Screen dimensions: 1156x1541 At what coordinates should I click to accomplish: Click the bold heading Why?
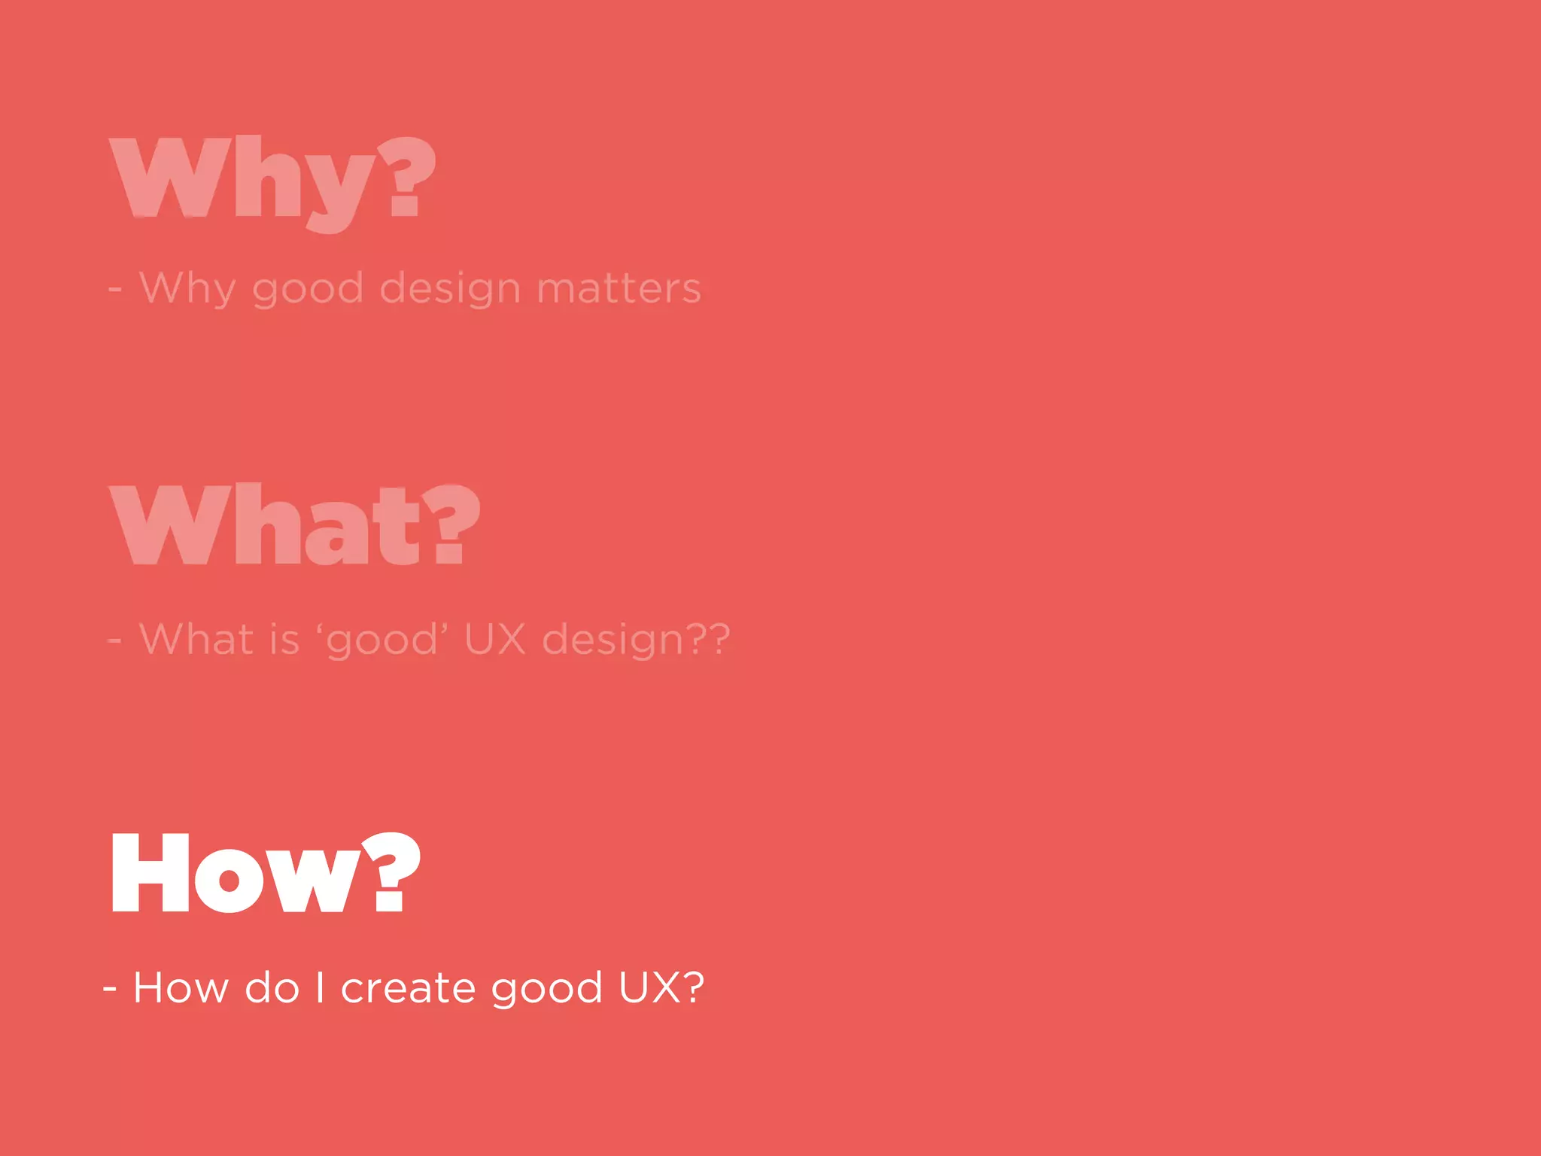[x=272, y=181]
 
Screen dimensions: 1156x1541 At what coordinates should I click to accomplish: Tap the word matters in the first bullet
[x=619, y=288]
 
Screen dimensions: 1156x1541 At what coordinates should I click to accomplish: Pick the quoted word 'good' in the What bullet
[x=381, y=640]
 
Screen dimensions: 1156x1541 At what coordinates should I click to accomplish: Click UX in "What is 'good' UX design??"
[x=494, y=640]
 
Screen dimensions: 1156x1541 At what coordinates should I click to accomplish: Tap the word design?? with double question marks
[x=636, y=640]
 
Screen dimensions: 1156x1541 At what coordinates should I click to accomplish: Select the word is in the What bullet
[x=284, y=640]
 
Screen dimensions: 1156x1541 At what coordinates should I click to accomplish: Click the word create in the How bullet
[x=408, y=987]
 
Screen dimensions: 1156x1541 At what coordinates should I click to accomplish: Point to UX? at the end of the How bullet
[x=661, y=987]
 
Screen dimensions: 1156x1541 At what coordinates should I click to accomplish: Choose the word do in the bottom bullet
[x=272, y=987]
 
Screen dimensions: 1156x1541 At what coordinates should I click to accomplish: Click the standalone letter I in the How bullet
[x=321, y=987]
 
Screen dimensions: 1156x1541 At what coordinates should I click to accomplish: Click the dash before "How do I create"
[x=110, y=988]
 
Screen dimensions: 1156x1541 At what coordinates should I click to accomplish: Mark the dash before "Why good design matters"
[x=114, y=289]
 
